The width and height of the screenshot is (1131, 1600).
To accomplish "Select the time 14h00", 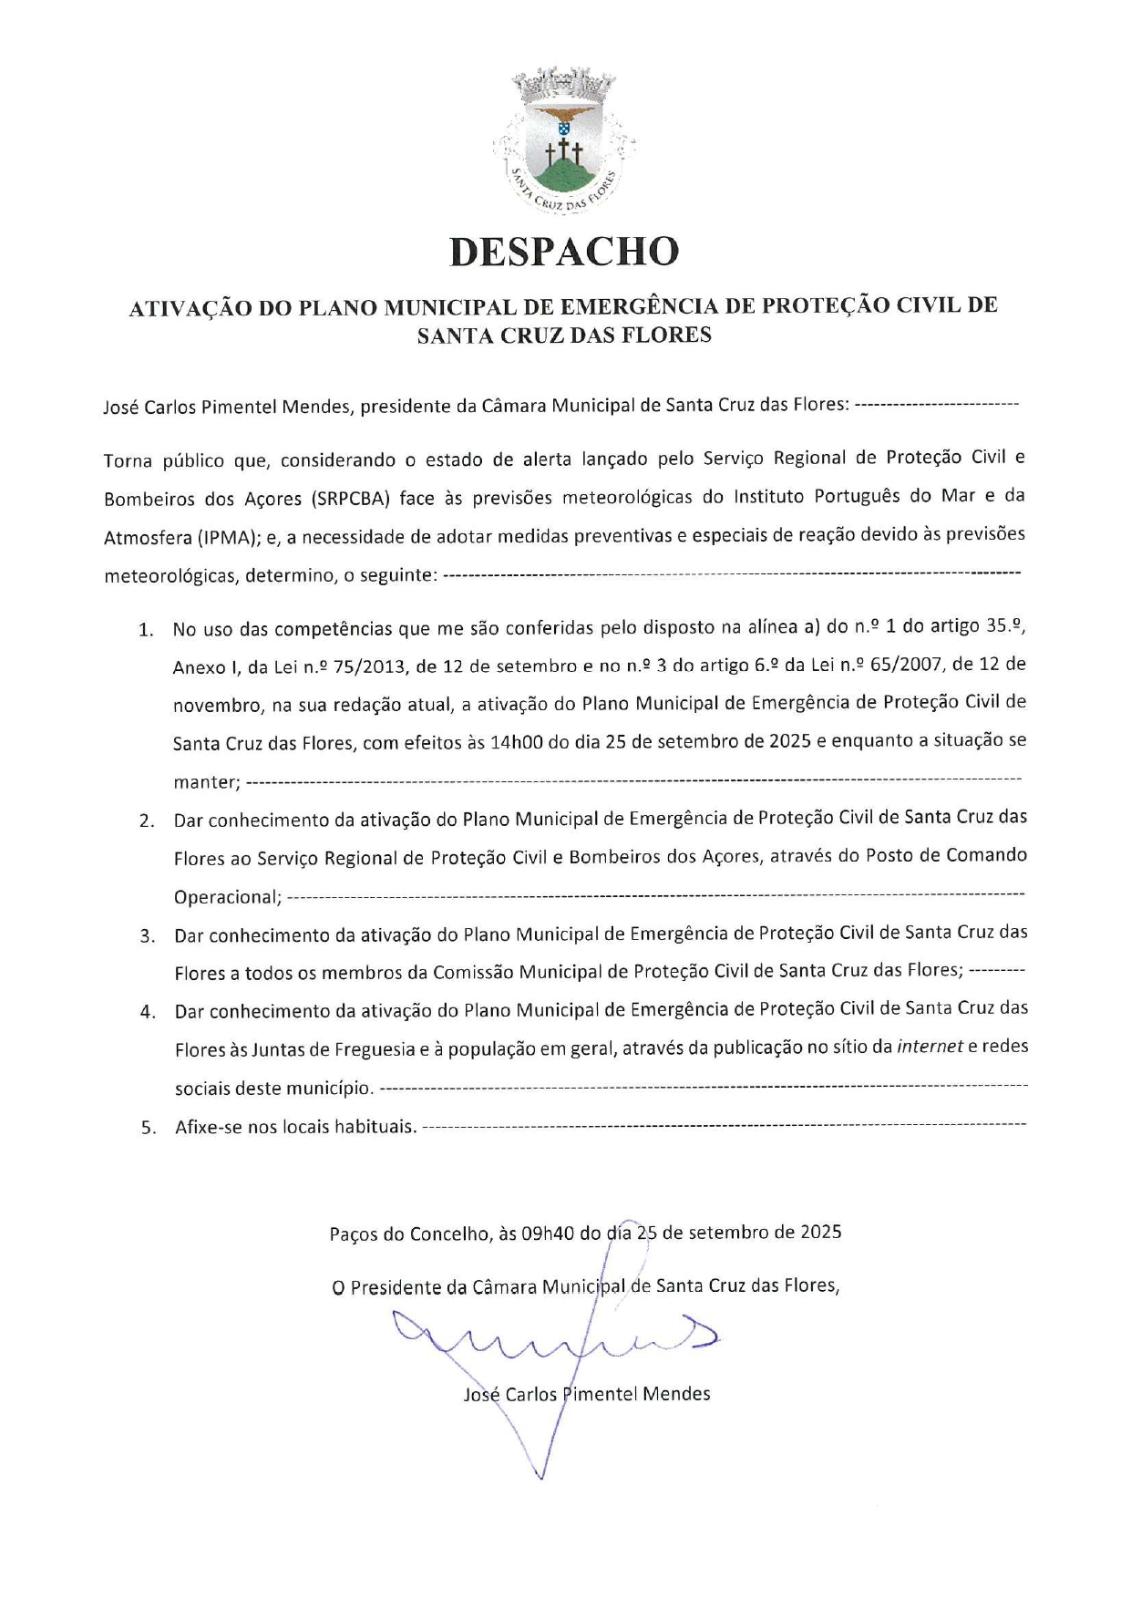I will [x=516, y=742].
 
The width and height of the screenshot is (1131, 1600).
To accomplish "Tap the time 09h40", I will [x=549, y=1234].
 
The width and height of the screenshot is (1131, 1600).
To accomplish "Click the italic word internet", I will [x=930, y=1047].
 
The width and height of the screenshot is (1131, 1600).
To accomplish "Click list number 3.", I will [x=147, y=936].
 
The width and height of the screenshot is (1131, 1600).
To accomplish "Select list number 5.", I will [x=148, y=1128].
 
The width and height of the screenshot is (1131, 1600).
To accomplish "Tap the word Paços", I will [x=354, y=1234].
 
